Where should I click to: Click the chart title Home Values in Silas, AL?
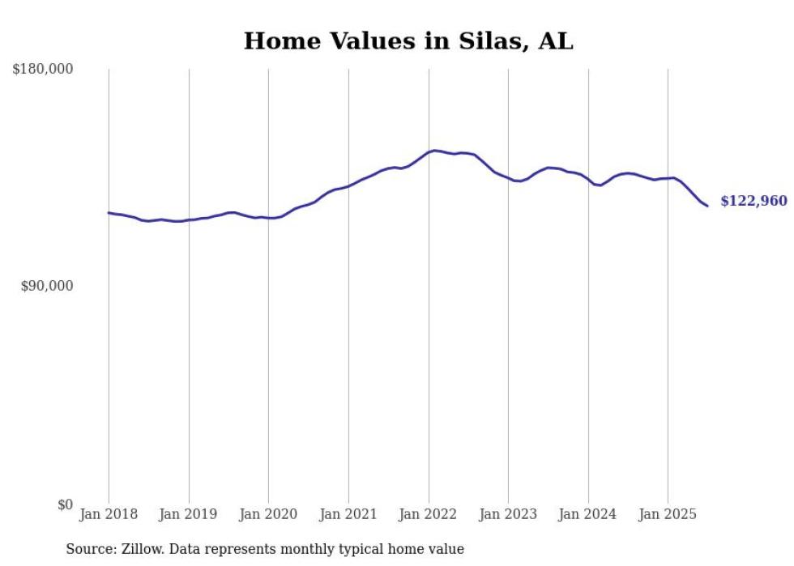pos(408,41)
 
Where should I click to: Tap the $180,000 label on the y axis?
pos(43,70)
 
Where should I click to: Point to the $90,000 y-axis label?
pos(47,286)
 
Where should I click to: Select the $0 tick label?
pos(65,504)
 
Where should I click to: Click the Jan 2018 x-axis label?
pos(109,514)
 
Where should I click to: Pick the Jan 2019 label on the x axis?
pos(189,514)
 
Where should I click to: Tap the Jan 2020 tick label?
pos(268,514)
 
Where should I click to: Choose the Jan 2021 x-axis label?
pos(348,514)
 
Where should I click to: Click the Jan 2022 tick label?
pos(429,514)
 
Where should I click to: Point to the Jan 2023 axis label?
pos(508,514)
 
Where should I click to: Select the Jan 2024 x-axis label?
pos(588,514)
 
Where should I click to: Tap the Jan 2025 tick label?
pos(668,514)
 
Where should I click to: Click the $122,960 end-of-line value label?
pos(753,202)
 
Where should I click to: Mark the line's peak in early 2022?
pos(435,151)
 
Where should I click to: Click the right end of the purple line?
pos(707,206)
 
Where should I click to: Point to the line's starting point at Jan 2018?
pos(109,213)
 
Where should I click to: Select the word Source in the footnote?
pos(89,549)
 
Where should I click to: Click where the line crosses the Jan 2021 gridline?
pos(348,186)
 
